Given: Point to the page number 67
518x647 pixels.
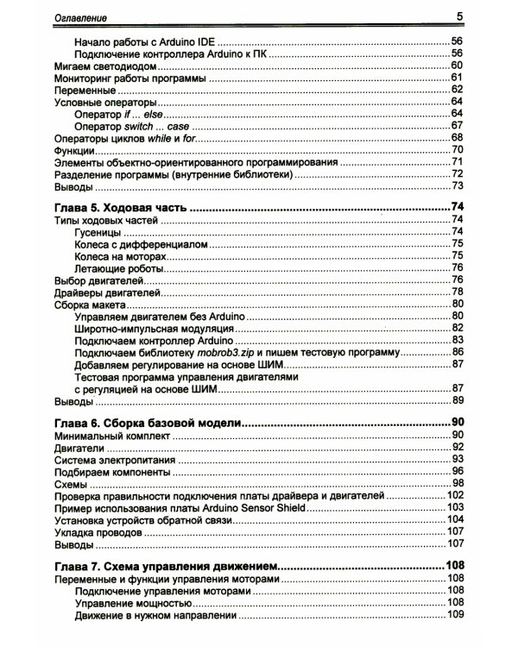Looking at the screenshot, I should [458, 127].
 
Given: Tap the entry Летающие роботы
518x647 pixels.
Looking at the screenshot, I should [117, 268].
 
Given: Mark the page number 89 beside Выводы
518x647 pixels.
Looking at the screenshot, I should [458, 400].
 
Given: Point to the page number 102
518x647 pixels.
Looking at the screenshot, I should [455, 496].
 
